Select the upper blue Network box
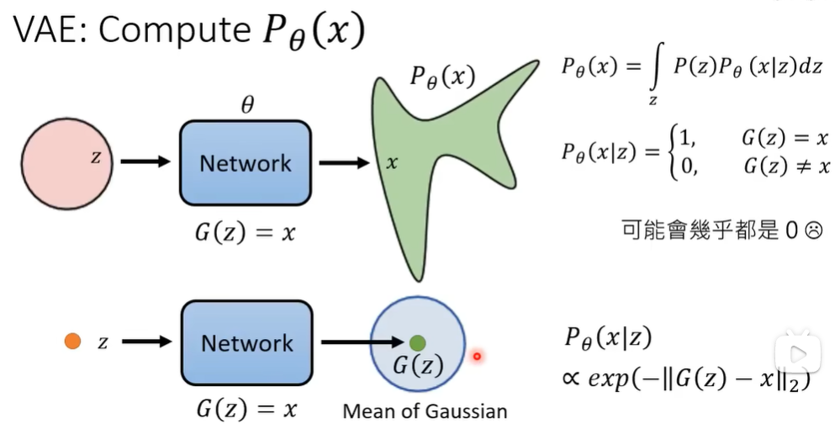click(x=246, y=162)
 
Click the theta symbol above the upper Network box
click(x=247, y=104)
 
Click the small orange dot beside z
click(x=72, y=341)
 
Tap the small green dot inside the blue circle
click(x=417, y=342)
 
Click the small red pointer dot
click(x=477, y=357)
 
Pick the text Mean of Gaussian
click(x=425, y=412)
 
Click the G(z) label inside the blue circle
click(x=418, y=367)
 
